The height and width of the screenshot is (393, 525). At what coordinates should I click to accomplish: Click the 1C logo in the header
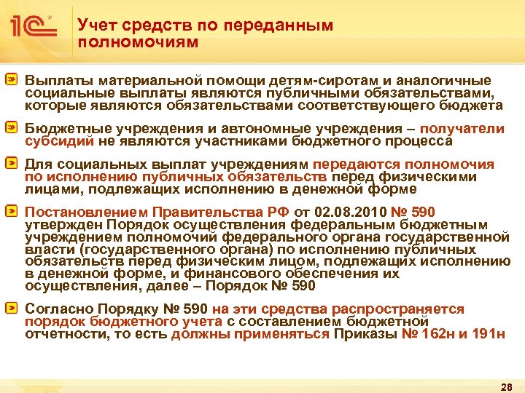pos(33,28)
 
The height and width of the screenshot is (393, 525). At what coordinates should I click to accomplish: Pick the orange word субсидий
pos(54,140)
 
